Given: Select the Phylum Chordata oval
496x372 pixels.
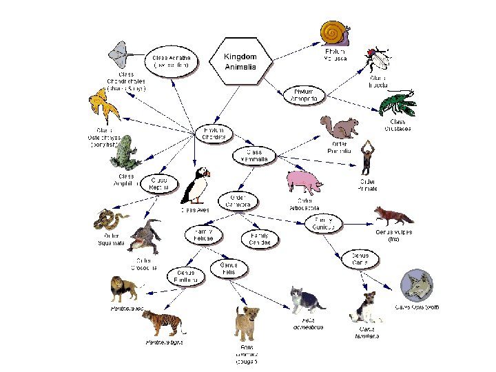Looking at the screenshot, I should pos(215,132).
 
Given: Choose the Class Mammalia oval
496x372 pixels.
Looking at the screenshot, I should pos(254,156).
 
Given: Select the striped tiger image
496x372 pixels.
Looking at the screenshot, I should pos(163,322).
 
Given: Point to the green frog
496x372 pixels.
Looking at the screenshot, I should pos(125,153).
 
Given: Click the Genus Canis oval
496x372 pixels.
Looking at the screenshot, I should pos(360,260).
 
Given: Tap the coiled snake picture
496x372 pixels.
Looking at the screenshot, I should pos(111,220).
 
